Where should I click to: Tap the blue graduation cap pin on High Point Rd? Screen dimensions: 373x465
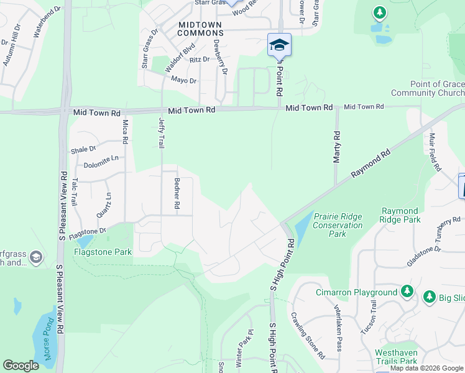click(x=279, y=44)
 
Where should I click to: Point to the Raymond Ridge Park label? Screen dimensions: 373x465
click(x=400, y=215)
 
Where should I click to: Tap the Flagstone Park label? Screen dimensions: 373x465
click(x=103, y=252)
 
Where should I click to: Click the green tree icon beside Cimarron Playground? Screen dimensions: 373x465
click(x=407, y=291)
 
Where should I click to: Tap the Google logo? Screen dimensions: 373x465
click(x=21, y=366)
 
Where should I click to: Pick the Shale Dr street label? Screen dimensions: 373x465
click(x=83, y=150)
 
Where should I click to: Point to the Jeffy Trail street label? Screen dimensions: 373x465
click(x=162, y=132)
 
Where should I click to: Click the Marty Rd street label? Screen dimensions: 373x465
click(x=337, y=147)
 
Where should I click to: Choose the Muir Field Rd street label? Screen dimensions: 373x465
click(x=435, y=152)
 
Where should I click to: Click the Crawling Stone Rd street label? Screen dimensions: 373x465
click(x=307, y=336)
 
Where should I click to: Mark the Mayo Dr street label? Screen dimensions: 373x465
click(x=183, y=81)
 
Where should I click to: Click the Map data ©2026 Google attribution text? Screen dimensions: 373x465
click(x=427, y=368)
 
